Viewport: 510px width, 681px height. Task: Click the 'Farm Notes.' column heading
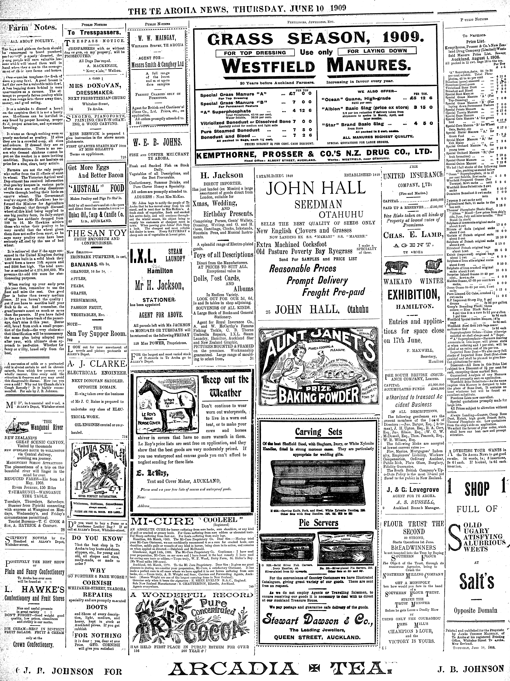coord(32,28)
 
